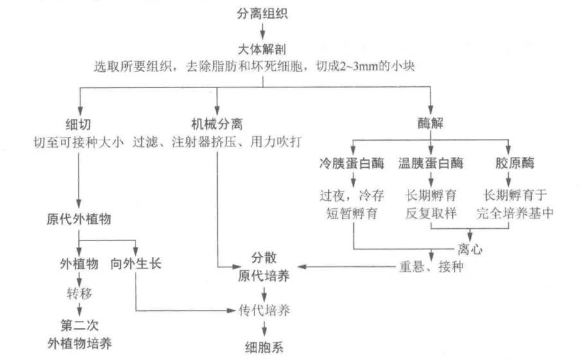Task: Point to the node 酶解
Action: click(431, 122)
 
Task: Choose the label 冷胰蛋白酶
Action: click(353, 163)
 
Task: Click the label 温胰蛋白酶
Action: click(430, 163)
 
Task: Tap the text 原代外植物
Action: click(79, 219)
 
